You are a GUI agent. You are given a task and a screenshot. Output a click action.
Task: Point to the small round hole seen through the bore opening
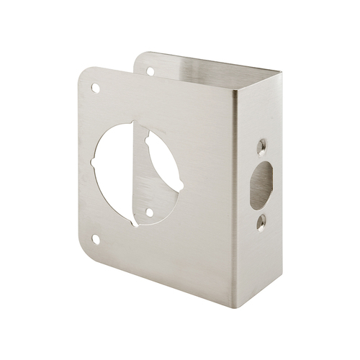pyautogui.click(x=148, y=212)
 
